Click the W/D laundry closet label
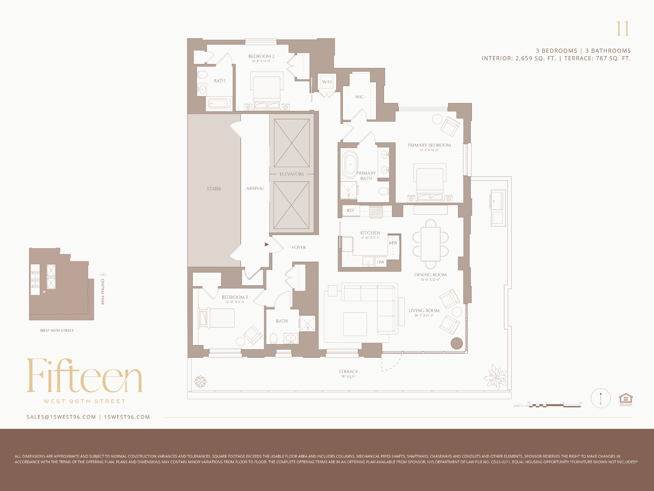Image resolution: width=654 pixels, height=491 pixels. pos(327,82)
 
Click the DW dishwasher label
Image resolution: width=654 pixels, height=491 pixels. pos(381,262)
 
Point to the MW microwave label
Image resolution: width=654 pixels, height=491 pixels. pos(393,243)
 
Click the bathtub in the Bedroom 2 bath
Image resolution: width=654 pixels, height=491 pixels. pos(220,103)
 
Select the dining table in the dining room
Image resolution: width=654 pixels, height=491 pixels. pos(431,244)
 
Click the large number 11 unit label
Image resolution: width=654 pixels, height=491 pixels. pos(622,29)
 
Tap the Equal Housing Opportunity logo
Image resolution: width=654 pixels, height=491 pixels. pos(626,400)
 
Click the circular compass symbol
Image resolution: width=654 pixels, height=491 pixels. pos(600,398)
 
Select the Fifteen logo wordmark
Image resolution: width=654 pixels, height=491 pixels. pos(84,376)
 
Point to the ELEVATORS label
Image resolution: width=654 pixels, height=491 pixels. pos(292,174)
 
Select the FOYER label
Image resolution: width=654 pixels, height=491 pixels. pos(299,247)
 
